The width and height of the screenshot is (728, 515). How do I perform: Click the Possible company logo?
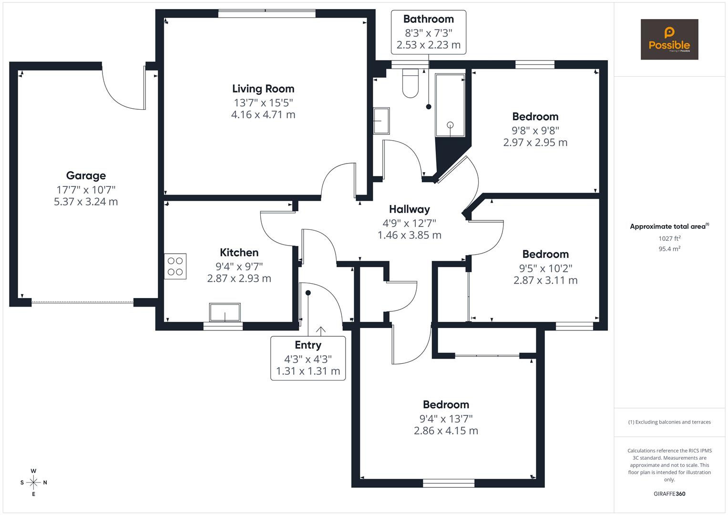tap(669, 39)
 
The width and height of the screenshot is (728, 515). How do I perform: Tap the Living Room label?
tap(263, 89)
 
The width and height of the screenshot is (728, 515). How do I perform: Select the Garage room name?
tap(86, 175)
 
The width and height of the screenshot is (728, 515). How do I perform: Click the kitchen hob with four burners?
tap(175, 266)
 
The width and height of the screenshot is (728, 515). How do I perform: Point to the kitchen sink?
tap(225, 312)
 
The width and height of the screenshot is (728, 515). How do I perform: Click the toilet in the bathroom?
tap(410, 84)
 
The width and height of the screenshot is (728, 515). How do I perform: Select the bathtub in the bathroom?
tap(450, 105)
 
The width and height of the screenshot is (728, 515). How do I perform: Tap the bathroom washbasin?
tap(381, 121)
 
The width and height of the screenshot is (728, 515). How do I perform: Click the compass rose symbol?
tap(33, 482)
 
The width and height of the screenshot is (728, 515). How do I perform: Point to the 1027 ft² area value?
tap(669, 238)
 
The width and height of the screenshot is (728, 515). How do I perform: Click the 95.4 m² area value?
tap(669, 248)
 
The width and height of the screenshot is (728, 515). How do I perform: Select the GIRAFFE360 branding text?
tap(669, 494)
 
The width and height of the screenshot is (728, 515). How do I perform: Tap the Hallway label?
tap(409, 209)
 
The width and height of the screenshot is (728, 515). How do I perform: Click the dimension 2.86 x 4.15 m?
tap(446, 431)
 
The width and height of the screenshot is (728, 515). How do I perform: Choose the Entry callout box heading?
tap(308, 345)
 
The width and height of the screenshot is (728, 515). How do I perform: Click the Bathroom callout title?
tap(428, 19)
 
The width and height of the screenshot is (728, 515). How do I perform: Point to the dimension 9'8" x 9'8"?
tap(535, 130)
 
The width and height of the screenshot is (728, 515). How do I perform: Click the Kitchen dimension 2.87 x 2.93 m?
tap(239, 278)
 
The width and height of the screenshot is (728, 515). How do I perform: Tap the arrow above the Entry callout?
tap(320, 330)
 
